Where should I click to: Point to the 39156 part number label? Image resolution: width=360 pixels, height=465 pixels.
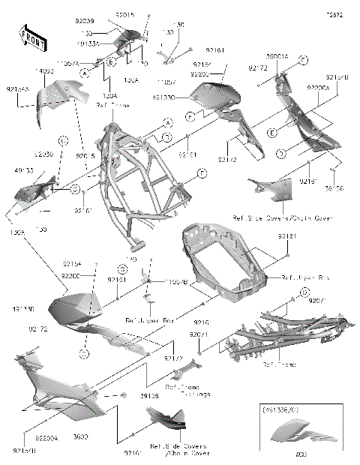pos(334,189)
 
